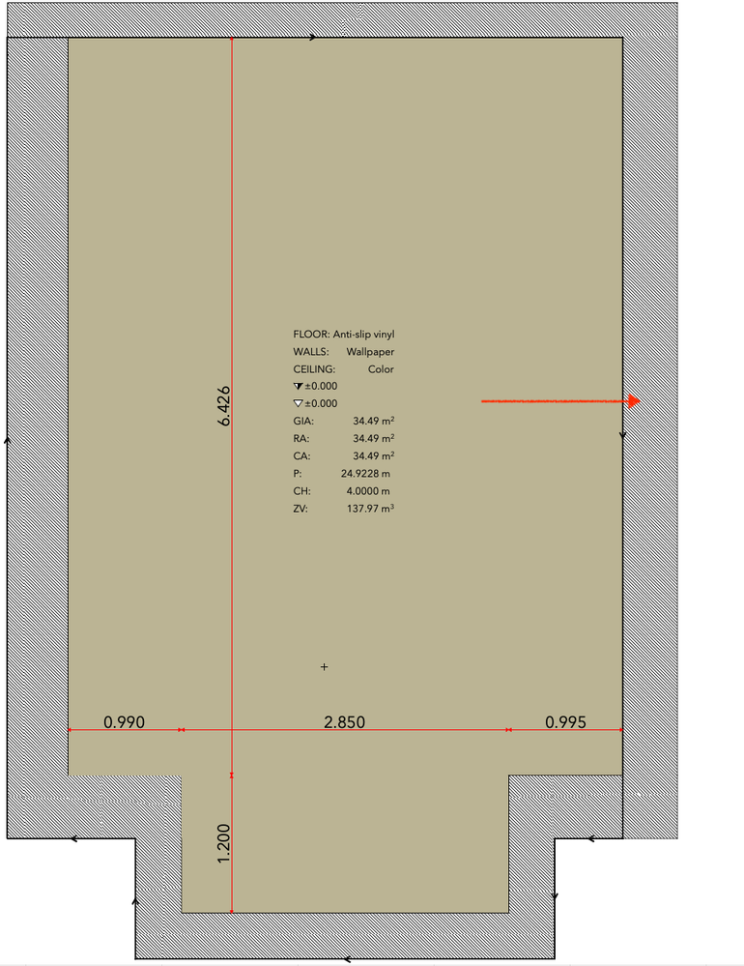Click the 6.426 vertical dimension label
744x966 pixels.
point(224,406)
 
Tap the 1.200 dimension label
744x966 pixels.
point(224,843)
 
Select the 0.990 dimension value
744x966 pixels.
point(125,722)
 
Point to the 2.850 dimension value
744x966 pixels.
point(345,722)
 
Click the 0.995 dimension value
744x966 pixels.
point(565,722)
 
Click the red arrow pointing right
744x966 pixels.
point(560,401)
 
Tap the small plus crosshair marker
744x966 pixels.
point(325,666)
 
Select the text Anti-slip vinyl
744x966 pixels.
point(363,335)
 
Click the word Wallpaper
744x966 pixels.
point(370,352)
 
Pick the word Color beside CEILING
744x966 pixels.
point(381,369)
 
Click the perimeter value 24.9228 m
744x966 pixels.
point(365,474)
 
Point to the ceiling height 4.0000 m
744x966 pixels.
point(368,491)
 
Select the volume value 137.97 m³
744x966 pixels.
point(370,509)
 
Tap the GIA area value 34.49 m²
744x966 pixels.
point(374,421)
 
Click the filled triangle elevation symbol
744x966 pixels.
point(299,386)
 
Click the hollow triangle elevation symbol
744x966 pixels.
point(299,403)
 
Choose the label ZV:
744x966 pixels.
point(300,509)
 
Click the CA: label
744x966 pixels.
point(301,456)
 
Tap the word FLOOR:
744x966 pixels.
point(311,335)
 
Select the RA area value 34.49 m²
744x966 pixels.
point(374,438)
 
